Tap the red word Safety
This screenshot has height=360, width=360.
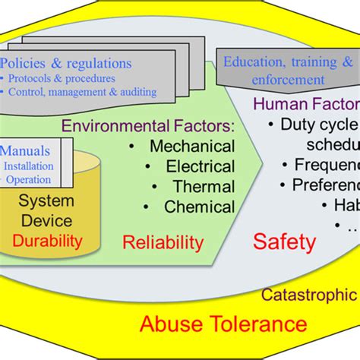[x=283, y=242]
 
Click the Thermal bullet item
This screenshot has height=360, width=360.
[x=194, y=186]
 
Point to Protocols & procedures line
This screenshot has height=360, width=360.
[x=63, y=77]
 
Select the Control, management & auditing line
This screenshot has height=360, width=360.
[x=80, y=92]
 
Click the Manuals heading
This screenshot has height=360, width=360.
[x=26, y=150]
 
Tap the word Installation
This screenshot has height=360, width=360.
[x=30, y=166]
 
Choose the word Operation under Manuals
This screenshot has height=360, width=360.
[x=29, y=180]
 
